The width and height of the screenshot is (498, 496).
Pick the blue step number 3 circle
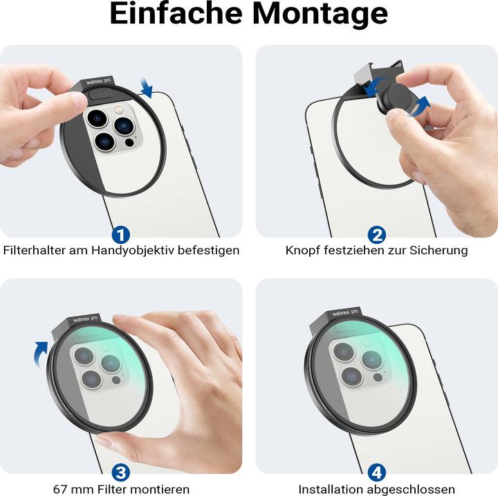point(120,472)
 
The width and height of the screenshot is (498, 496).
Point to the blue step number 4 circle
point(376,472)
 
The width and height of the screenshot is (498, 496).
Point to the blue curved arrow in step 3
point(44,353)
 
